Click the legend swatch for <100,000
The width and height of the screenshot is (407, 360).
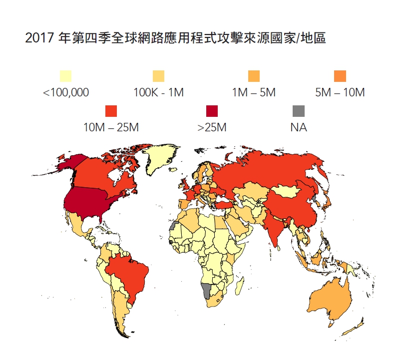(65, 76)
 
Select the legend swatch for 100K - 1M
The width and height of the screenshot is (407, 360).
(158, 76)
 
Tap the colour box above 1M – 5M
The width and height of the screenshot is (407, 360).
(254, 76)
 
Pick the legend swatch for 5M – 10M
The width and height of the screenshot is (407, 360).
(340, 76)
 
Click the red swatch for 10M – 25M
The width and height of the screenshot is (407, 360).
(110, 111)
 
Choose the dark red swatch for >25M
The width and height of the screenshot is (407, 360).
(212, 111)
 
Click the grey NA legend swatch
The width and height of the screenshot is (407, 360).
(298, 111)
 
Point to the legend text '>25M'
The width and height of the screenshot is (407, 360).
(212, 128)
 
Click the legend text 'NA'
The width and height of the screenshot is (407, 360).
(298, 128)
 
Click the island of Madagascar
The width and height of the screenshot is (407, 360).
(239, 287)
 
